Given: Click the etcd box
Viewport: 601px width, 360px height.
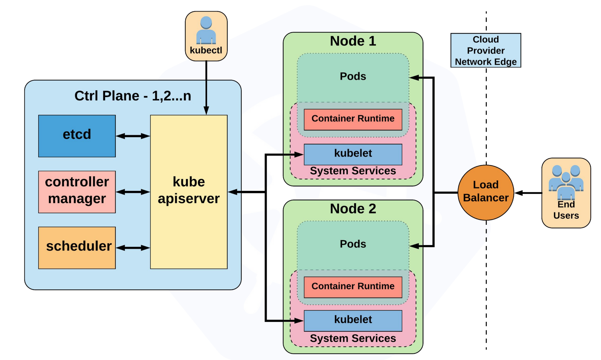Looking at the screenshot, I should [77, 136].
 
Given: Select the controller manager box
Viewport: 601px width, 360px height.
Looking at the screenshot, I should [77, 192].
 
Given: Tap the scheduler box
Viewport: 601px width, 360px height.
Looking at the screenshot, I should [77, 248].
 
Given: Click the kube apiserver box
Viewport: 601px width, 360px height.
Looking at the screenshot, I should [189, 192].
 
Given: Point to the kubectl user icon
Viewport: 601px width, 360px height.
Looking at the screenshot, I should [206, 30].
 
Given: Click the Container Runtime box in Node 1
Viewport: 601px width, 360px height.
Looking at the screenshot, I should [353, 119].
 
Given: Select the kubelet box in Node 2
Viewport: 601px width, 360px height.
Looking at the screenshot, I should [353, 320].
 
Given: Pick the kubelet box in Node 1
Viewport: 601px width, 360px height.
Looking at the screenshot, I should [353, 154].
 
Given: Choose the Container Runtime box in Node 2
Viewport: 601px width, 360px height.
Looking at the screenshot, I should [353, 287].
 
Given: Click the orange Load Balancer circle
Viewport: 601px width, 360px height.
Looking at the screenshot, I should [486, 192].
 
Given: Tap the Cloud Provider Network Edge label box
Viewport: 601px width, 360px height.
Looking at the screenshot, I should [486, 50].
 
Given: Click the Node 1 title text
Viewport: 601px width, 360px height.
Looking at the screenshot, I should [353, 41].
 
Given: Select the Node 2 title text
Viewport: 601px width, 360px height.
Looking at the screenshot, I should [353, 209].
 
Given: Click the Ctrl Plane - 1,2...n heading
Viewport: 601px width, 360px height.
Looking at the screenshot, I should [133, 96].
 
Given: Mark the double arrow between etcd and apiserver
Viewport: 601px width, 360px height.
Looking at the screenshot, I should [133, 136].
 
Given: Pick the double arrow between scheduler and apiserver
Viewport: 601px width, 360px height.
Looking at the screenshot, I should [133, 248].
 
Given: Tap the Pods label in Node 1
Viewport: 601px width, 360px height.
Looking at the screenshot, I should [353, 76].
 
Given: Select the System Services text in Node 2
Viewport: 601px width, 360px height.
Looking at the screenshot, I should [353, 338].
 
